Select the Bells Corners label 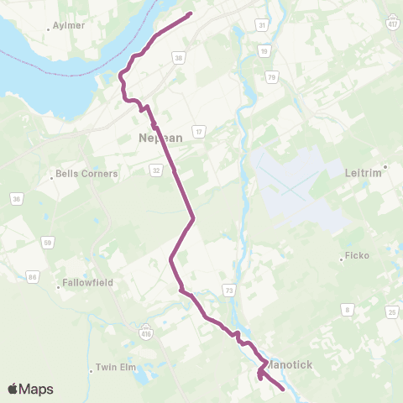86,174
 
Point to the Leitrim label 364,172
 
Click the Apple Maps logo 30,389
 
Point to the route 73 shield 228,289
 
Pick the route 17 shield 199,132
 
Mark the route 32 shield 156,169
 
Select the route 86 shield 33,275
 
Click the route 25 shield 392,312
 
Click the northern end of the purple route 191,13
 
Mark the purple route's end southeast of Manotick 283,390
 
